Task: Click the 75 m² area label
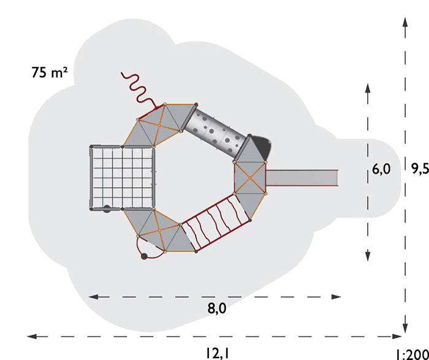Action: click(x=50, y=72)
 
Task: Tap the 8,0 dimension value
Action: click(x=217, y=308)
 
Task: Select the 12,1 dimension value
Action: click(x=218, y=353)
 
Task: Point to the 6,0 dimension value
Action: click(x=381, y=170)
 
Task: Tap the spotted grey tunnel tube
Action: click(x=216, y=133)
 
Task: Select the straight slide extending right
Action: click(x=302, y=178)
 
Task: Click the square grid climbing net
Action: click(x=122, y=178)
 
